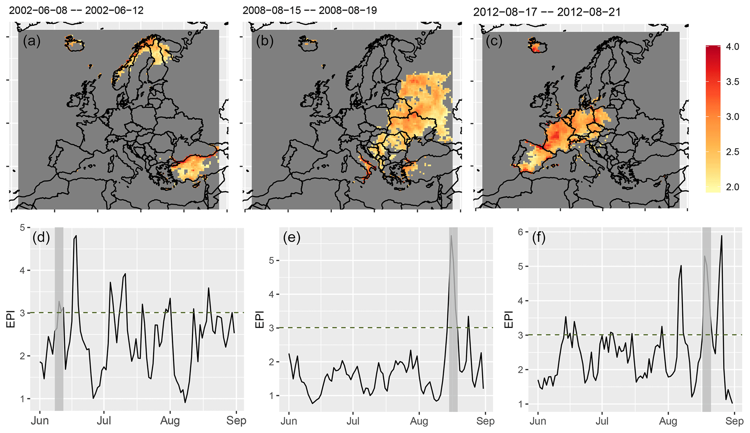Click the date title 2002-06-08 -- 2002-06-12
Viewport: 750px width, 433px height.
[x=76, y=10]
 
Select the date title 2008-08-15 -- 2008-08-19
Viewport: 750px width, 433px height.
[x=310, y=10]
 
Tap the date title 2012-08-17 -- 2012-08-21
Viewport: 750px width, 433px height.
[x=547, y=12]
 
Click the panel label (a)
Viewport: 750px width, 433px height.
[x=32, y=41]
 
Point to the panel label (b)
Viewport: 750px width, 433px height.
[x=265, y=41]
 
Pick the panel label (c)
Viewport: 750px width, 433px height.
[x=495, y=41]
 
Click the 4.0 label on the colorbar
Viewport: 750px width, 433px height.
[x=732, y=47]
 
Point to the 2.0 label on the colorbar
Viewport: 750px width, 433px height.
[x=732, y=187]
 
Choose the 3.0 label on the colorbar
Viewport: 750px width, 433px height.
[x=732, y=117]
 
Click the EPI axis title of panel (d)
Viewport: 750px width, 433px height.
[x=11, y=319]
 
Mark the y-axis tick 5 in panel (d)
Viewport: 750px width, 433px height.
[x=22, y=228]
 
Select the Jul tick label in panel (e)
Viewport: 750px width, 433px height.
[x=353, y=421]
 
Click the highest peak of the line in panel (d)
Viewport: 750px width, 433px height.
[x=76, y=236]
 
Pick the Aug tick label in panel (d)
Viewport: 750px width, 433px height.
[x=170, y=421]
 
